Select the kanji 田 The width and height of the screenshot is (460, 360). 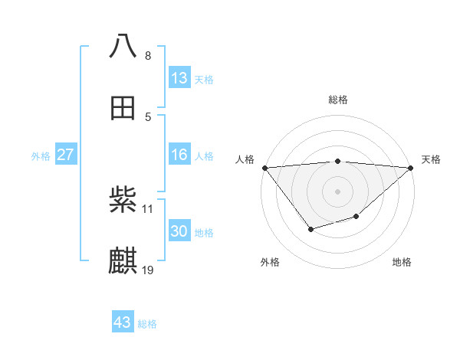click(123, 108)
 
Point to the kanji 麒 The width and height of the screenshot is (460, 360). click(123, 261)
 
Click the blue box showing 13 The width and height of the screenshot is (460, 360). click(179, 78)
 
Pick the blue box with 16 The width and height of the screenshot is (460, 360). click(179, 155)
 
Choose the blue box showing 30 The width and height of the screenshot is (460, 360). click(179, 231)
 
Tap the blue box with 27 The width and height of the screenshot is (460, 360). click(65, 155)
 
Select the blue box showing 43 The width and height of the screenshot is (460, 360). click(123, 322)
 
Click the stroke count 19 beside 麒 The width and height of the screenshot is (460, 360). click(148, 270)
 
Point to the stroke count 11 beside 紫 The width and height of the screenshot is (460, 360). click(148, 208)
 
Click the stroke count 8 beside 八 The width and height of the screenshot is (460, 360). click(148, 55)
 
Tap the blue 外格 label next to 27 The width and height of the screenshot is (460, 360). click(41, 156)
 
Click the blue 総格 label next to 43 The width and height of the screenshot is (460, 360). click(147, 324)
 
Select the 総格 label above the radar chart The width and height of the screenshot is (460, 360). click(338, 100)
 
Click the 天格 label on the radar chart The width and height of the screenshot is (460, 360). click(431, 159)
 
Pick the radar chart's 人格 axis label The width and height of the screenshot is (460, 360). click(245, 159)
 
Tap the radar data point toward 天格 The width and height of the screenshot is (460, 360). click(412, 167)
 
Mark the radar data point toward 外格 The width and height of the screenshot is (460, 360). click(310, 229)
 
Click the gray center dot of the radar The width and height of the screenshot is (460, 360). click(338, 191)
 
